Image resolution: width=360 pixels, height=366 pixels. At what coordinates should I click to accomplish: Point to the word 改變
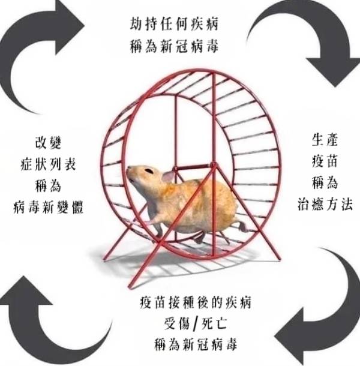(x=48, y=143)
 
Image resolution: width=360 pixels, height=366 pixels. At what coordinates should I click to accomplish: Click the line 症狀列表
(x=48, y=164)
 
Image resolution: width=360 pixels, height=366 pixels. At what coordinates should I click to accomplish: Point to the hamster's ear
(x=167, y=176)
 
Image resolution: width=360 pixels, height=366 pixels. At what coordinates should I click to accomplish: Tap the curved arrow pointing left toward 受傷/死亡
(x=315, y=315)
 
